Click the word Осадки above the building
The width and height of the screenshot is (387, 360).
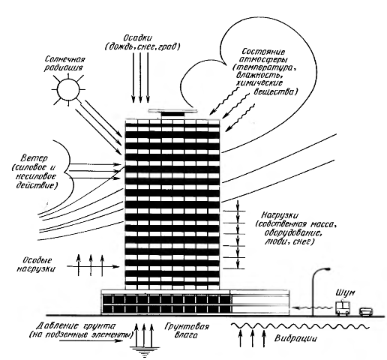coord(138,38)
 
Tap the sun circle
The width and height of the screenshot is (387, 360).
coord(68,89)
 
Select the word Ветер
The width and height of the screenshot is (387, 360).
coord(34,159)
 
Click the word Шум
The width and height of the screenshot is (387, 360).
coord(345,293)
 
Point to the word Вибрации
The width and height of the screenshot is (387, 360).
coord(295,339)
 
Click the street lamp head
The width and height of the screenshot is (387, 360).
coord(325,269)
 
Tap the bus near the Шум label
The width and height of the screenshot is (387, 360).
coord(341,309)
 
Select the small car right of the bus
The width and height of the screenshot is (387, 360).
coord(366,312)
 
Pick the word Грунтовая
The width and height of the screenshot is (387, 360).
coord(187,327)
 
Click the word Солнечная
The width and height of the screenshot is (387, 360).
coord(65,59)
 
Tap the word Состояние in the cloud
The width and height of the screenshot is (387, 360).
coord(263,52)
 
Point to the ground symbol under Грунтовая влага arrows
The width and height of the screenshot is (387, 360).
coord(144,351)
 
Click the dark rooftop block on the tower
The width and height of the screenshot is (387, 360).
coord(173,115)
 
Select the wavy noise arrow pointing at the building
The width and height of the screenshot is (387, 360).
coord(314,307)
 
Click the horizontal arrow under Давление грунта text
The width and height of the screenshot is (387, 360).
coord(91,340)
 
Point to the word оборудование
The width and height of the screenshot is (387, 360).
coord(292,233)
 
